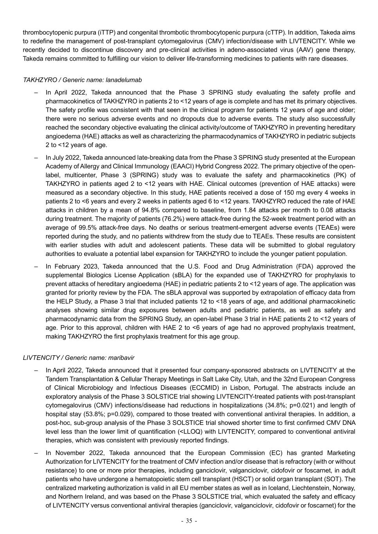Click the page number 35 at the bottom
tap(189, 521)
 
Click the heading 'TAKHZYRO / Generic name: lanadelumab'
tap(82, 80)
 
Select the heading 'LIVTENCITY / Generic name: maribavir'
tap(79, 358)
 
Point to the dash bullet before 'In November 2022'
tap(36, 453)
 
